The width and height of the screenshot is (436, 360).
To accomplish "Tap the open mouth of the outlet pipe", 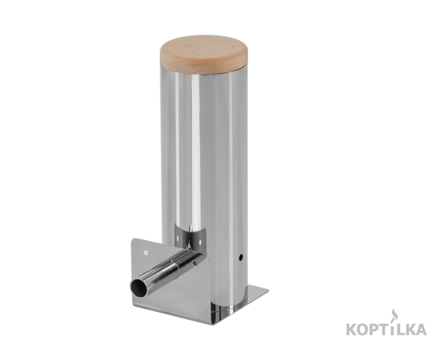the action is coord(139,287).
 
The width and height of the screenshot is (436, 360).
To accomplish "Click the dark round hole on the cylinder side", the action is coord(241,257).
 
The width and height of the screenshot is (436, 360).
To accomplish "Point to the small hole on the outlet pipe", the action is coord(195,262).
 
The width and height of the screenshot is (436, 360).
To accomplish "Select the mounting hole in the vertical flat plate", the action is coord(145,253).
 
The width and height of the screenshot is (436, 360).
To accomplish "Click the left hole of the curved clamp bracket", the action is coord(178,239).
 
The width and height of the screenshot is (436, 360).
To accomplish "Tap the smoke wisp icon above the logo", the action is coord(393,317).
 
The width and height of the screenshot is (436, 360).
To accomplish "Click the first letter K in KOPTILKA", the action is coord(352,329).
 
